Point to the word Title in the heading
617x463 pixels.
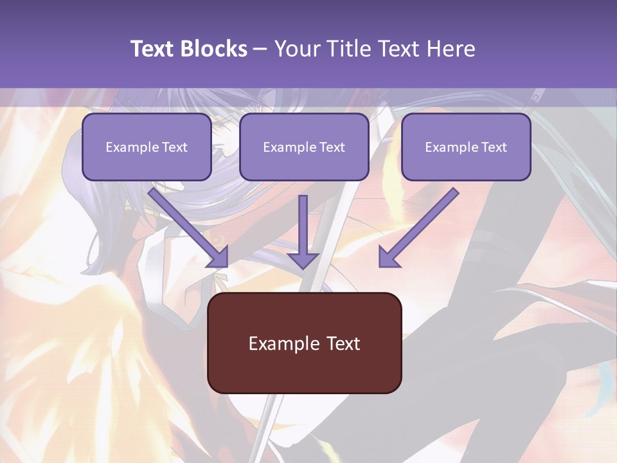pos(350,49)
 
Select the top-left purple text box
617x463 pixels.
pos(147,147)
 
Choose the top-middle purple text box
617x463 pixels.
pos(304,147)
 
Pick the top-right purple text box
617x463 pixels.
pos(466,147)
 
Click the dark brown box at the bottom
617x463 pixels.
pos(304,343)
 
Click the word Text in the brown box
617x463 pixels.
pos(344,343)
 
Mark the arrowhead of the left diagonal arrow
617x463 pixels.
pos(219,257)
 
